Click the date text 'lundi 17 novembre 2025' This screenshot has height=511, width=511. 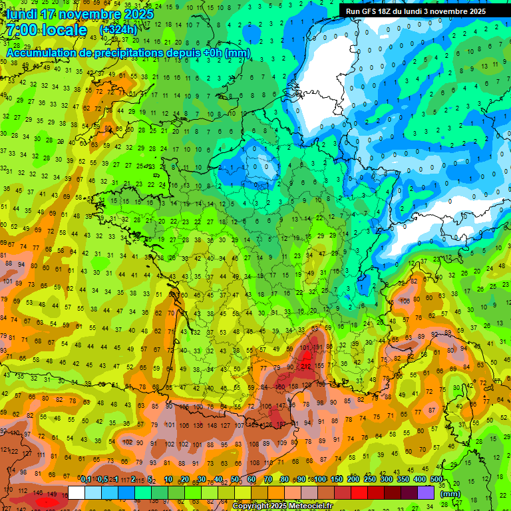click(81, 14)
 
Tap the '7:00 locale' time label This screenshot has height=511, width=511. click(47, 31)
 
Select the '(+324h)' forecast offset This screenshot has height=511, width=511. click(118, 30)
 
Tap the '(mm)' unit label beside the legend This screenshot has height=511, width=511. click(450, 494)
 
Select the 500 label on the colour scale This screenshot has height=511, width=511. click(436, 479)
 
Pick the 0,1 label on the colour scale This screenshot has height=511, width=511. click(85, 479)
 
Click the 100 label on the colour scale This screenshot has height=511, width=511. click(320, 479)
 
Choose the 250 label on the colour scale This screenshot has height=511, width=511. click(370, 479)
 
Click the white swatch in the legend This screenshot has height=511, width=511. click(77, 492)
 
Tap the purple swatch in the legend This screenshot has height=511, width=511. click(426, 492)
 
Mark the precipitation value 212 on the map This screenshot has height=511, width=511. click(305, 367)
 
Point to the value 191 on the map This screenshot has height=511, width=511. click(317, 347)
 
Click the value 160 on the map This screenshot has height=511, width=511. click(280, 386)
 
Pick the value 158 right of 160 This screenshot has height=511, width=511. click(293, 386)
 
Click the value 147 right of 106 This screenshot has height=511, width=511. click(280, 405)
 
